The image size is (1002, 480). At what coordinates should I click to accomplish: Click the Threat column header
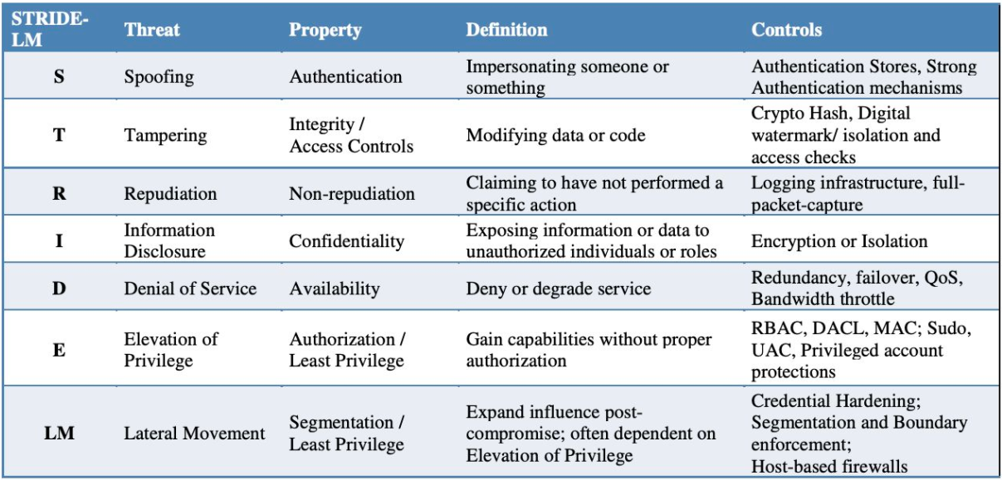(152, 30)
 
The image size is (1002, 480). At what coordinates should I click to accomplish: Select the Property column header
(325, 31)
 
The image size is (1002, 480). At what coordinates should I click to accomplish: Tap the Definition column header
(506, 30)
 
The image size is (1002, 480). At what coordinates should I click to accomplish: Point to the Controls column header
(786, 30)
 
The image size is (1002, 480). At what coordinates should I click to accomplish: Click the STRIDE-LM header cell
(49, 29)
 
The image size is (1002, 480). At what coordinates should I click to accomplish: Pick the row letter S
(59, 76)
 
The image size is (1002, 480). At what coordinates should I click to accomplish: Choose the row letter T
(59, 135)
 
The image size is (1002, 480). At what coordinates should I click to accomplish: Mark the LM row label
(59, 433)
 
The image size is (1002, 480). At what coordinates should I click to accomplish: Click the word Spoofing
(159, 77)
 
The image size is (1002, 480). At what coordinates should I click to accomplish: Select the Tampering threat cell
(165, 136)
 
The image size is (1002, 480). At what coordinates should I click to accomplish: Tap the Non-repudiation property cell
(352, 194)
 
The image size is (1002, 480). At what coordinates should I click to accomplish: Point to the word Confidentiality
(346, 241)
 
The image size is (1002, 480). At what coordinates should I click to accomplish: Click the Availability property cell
(335, 288)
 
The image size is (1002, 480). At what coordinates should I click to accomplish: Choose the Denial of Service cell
(190, 288)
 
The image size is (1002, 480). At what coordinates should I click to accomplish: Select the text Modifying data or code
(555, 136)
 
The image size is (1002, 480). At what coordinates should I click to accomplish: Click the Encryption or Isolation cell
(839, 241)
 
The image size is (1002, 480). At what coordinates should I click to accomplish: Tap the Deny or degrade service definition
(558, 288)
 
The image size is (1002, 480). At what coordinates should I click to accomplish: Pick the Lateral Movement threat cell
(194, 433)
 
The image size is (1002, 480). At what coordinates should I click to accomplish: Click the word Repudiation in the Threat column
(170, 194)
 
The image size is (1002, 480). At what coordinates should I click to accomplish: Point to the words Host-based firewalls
(829, 467)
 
